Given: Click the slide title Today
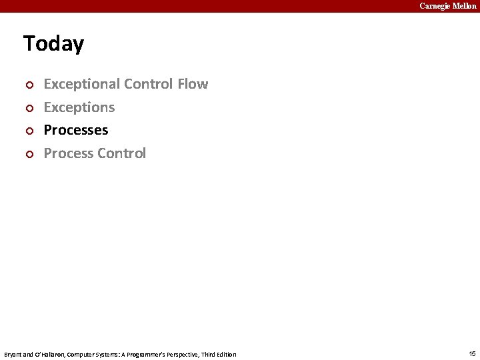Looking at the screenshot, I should click(53, 44).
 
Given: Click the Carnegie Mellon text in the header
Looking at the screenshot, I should click(447, 6).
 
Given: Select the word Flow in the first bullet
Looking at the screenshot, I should click(193, 84).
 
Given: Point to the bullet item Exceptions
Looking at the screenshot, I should click(79, 107).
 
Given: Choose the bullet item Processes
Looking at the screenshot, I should click(75, 130).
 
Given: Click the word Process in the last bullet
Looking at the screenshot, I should click(68, 153).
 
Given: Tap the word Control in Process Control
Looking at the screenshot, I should click(121, 153).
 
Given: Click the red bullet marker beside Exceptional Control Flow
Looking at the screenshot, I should click(28, 85).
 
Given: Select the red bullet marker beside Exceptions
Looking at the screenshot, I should click(28, 108).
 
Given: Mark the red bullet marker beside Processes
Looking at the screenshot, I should click(28, 131).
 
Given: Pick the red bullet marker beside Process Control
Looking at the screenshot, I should click(28, 155).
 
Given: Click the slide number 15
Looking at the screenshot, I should click(472, 353).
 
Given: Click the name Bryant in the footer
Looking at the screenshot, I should click(13, 354).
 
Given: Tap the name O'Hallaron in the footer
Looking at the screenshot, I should click(48, 354).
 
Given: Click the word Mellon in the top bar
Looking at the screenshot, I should click(465, 6).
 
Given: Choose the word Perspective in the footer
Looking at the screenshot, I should click(177, 354).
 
